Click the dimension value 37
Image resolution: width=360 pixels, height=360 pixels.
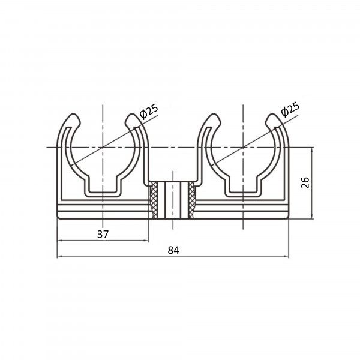click(x=103, y=234)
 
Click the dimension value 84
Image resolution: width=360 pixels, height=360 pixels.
click(x=173, y=250)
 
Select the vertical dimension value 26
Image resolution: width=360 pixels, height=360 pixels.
click(x=305, y=183)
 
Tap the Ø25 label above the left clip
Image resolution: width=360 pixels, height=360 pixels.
click(x=149, y=112)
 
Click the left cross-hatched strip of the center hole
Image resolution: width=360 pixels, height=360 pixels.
click(x=154, y=200)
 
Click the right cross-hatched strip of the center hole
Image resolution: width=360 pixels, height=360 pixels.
click(x=191, y=200)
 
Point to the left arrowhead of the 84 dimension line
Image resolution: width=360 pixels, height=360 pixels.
click(x=59, y=256)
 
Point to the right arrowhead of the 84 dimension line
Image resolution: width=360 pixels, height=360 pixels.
click(x=286, y=256)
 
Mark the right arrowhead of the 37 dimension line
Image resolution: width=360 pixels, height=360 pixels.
click(x=146, y=241)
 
